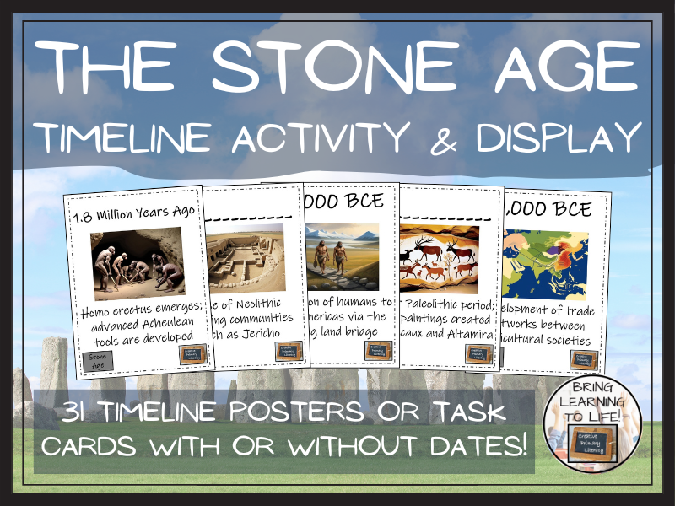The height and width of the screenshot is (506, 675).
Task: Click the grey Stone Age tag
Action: click(99, 362)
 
